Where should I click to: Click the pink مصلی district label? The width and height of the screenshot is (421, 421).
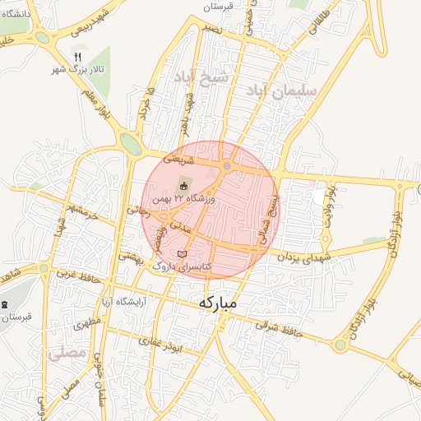coord(67,353)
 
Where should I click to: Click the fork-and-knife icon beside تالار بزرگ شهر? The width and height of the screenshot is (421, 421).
coord(78,57)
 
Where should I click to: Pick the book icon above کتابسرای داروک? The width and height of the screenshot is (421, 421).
coord(183,253)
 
